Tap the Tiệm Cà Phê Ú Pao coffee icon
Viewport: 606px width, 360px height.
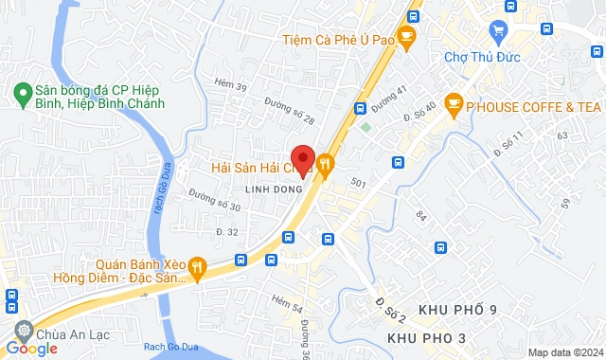pyautogui.click(x=407, y=39)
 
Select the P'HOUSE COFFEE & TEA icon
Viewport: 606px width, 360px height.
pyautogui.click(x=454, y=106)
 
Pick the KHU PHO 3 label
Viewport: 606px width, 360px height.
pyautogui.click(x=426, y=338)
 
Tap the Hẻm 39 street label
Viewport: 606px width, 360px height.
pyautogui.click(x=231, y=88)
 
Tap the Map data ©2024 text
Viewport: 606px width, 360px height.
pyautogui.click(x=565, y=352)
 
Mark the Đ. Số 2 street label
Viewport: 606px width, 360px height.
pyautogui.click(x=390, y=308)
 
